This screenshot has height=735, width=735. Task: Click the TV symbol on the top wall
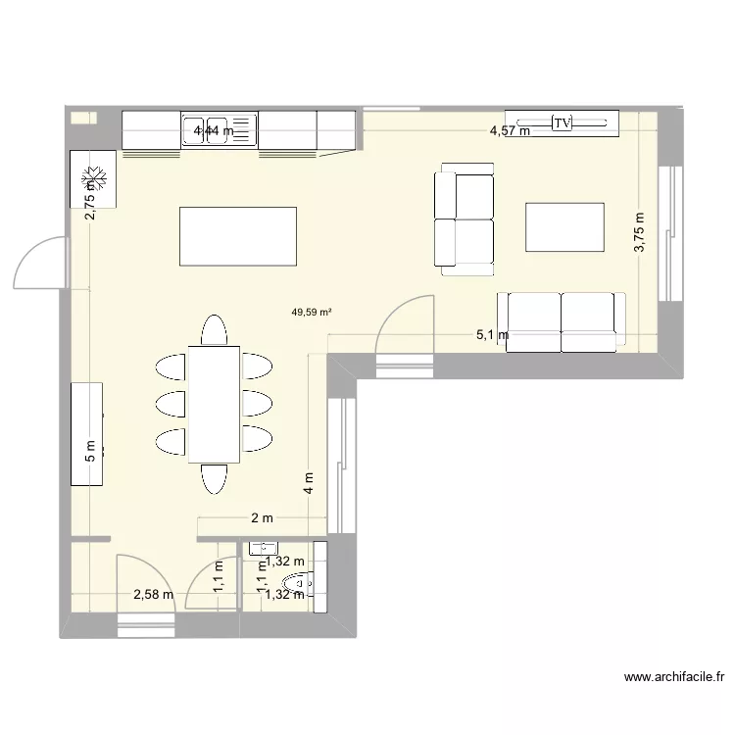562,122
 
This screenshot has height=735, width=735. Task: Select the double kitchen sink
218,130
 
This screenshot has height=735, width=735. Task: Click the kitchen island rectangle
237,236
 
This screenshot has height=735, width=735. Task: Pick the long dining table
214,403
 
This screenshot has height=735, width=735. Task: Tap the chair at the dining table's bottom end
214,477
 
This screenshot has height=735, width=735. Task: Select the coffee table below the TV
564,227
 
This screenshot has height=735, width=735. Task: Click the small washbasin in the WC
264,549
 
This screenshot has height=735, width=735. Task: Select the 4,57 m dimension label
510,130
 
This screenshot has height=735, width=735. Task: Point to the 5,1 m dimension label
492,335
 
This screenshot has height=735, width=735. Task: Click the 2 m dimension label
262,518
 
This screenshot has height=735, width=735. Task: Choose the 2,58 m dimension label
153,593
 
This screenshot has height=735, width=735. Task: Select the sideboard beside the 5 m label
86,432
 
